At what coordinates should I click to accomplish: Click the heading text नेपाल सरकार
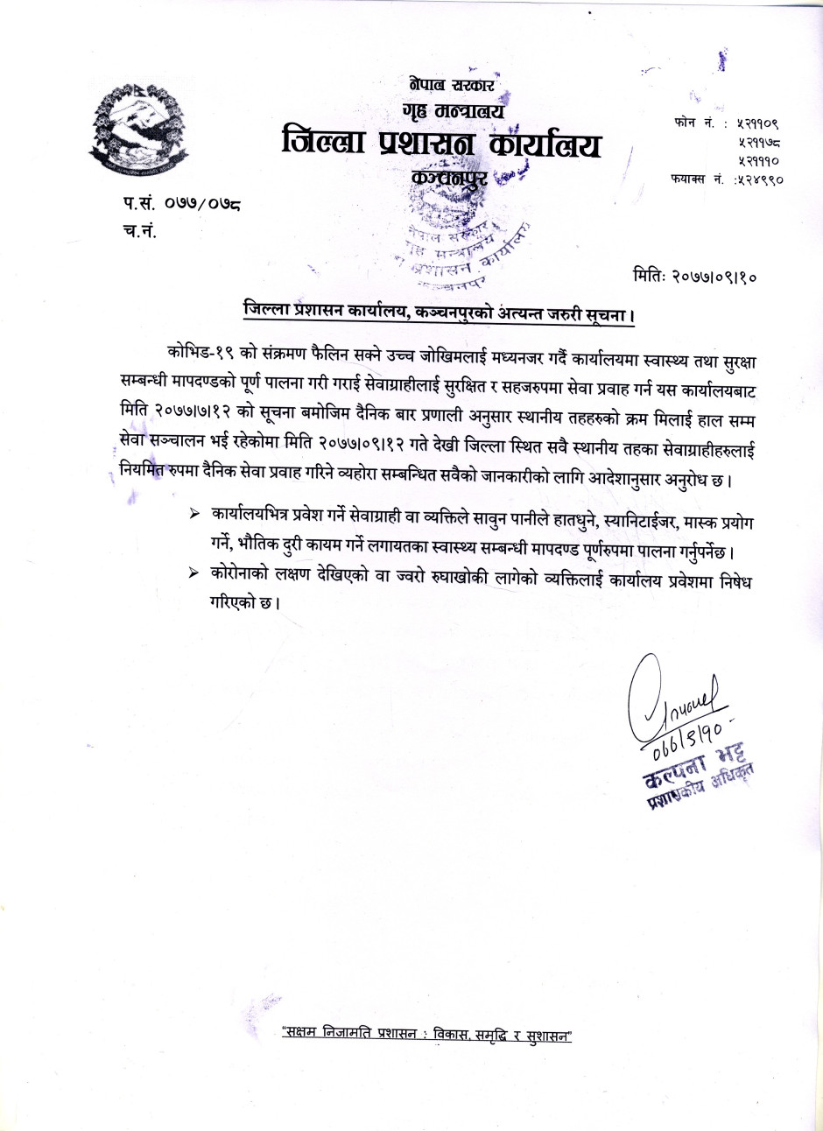[452, 85]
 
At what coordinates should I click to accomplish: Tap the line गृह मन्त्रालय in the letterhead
[454, 110]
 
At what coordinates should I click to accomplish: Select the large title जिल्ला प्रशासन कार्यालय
[441, 144]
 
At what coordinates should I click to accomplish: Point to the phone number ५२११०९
[757, 123]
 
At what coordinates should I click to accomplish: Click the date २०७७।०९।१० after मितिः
[715, 277]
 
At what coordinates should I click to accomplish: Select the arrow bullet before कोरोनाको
[193, 572]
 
